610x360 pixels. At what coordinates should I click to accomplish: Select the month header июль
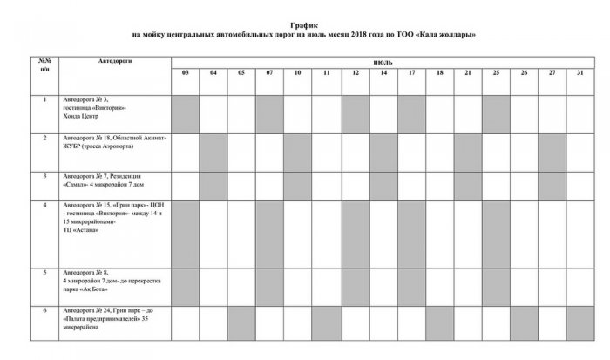pos(382,63)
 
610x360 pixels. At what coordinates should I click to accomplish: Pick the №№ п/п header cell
pos(44,65)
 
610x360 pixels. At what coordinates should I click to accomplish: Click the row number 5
pos(44,273)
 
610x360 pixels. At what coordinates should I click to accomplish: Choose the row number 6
pos(44,310)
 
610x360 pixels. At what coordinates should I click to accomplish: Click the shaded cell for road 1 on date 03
pos(185,113)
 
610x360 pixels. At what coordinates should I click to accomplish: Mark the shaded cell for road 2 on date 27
pos(552,152)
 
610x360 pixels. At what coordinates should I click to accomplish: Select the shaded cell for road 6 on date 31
pos(580,323)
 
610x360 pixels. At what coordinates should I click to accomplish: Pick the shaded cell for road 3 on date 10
pos(298,185)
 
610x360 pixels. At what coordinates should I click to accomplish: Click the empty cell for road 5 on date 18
pos(439,285)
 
